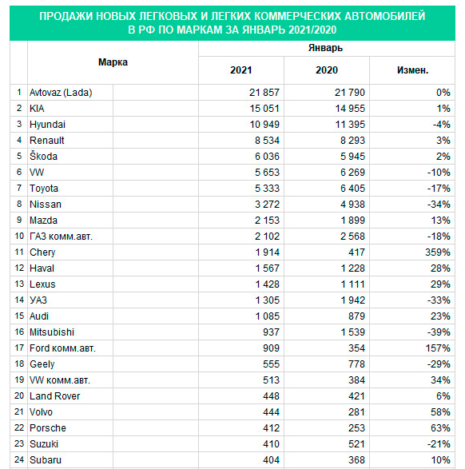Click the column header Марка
(113, 62)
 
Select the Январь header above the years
(325, 48)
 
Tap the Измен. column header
(412, 70)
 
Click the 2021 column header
(241, 70)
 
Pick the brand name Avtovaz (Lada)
(61, 93)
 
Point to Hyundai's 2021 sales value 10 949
(264, 125)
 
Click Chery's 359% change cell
(438, 252)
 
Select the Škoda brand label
(43, 156)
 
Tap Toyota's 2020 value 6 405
(352, 189)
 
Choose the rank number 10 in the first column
(19, 236)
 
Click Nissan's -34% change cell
(439, 205)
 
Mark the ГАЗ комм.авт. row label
(61, 236)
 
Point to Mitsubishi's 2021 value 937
(271, 332)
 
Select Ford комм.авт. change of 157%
(438, 348)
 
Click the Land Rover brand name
(54, 396)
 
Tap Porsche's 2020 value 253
(356, 428)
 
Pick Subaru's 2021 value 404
(271, 459)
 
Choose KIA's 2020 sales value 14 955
(350, 109)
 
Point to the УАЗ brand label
(38, 300)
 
